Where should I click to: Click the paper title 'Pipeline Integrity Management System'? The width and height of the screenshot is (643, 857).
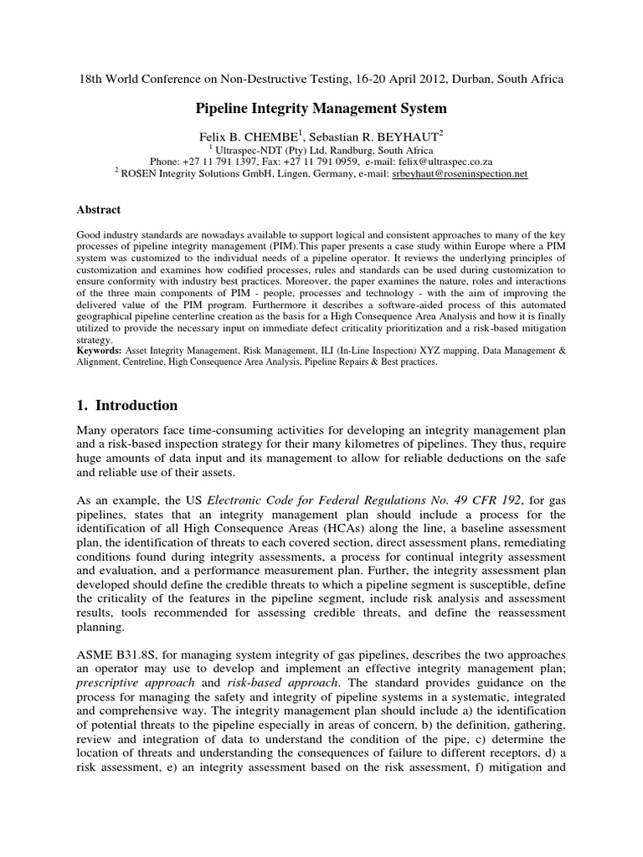tap(321, 108)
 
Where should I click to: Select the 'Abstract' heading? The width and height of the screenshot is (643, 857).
tap(100, 210)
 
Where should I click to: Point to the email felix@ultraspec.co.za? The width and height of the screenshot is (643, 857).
tap(445, 161)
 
